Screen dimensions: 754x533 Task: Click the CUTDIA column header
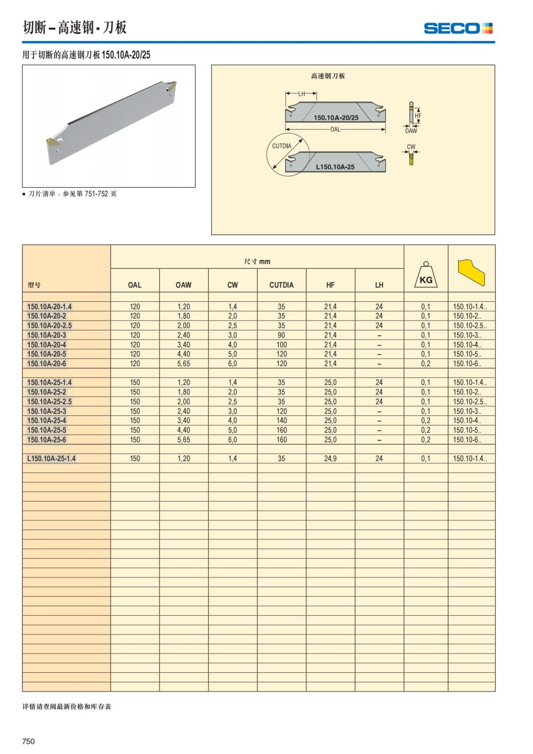(281, 285)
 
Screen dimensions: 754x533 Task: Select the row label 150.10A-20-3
(47, 335)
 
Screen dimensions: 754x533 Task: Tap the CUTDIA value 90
(281, 335)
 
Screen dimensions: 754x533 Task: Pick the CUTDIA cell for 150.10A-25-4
(281, 420)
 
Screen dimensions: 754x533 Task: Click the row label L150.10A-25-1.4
(52, 459)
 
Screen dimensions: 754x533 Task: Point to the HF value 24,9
(330, 459)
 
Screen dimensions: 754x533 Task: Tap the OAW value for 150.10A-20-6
(183, 363)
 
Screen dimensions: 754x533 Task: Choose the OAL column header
(135, 285)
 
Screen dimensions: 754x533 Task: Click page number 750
(28, 741)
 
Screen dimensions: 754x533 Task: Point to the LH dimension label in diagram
(302, 94)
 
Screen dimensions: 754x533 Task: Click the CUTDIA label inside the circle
(282, 146)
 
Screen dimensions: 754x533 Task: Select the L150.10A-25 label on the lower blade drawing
(335, 167)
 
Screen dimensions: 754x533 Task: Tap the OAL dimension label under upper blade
(335, 129)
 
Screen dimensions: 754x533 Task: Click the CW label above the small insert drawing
(411, 147)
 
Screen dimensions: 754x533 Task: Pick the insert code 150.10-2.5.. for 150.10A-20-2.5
(469, 325)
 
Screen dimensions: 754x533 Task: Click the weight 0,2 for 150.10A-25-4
(426, 420)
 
